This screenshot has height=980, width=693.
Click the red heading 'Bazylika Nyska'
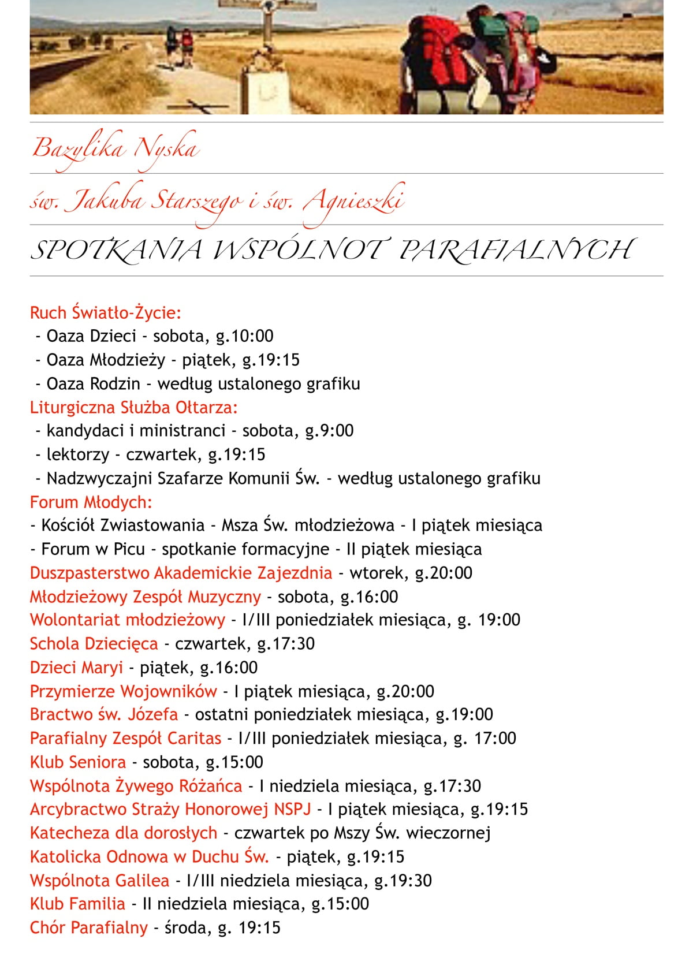click(115, 148)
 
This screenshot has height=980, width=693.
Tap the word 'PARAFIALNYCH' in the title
click(516, 250)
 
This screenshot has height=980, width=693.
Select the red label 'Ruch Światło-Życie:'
click(106, 312)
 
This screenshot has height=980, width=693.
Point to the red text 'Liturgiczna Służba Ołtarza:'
click(133, 407)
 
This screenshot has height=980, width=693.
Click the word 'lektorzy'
click(77, 454)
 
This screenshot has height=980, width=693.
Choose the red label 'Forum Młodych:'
click(91, 502)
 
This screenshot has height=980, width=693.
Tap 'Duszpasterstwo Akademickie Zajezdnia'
click(181, 573)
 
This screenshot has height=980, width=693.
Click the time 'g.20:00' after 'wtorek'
click(444, 573)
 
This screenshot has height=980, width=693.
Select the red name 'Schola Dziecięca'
click(94, 643)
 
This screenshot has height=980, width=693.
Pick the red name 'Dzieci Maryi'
click(76, 668)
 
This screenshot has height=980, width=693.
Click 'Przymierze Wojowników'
click(123, 691)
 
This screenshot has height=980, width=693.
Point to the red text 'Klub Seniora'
click(78, 762)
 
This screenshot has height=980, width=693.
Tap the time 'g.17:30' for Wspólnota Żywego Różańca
click(452, 786)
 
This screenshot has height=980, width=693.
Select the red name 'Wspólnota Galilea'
click(99, 881)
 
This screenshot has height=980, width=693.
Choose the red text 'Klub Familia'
click(77, 904)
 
